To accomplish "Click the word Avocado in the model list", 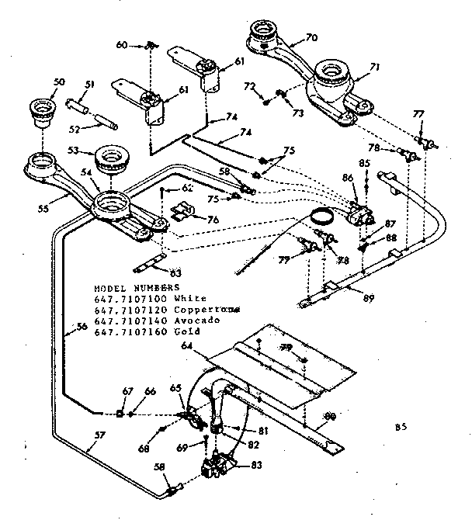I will coord(175,320).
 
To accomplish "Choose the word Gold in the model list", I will coord(166,331).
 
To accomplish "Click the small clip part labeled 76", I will coord(184,211).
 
